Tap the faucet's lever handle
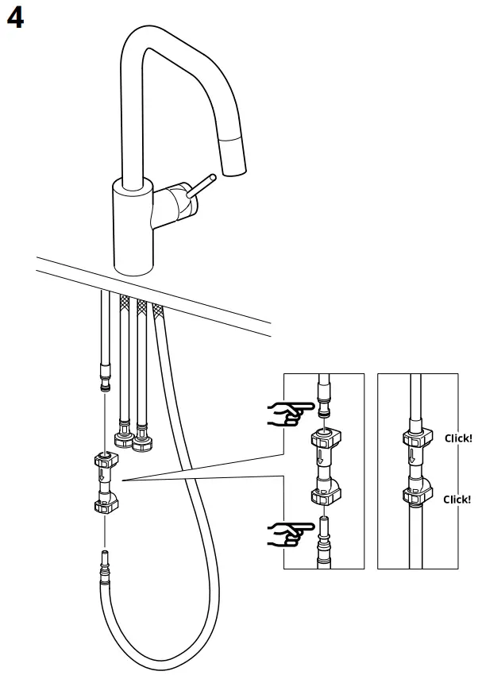(x=202, y=186)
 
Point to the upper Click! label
(x=457, y=438)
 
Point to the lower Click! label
(x=457, y=500)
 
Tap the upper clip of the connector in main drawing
(x=106, y=458)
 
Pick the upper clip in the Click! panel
(x=415, y=437)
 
